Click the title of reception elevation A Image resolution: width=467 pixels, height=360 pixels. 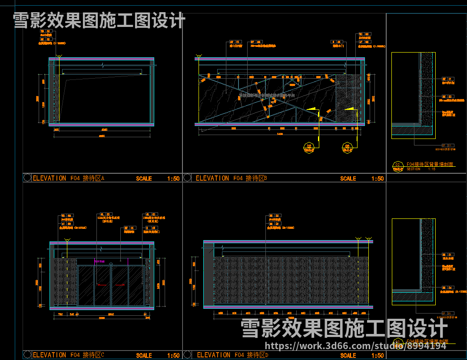pos(69,178)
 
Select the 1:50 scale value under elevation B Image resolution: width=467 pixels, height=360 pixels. pos(378,178)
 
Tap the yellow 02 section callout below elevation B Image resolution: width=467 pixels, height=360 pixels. pos(309,148)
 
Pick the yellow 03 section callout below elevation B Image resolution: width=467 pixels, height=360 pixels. pos(347,148)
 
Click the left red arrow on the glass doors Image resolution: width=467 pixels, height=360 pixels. pos(102,285)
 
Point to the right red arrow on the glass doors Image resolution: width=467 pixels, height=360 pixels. pos(120,285)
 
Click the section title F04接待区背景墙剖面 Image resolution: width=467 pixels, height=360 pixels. pos(430,165)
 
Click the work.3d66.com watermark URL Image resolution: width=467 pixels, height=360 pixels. pos(355,346)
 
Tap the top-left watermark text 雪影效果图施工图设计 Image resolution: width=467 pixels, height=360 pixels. pos(99,20)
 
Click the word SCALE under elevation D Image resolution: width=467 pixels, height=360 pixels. pos(348,355)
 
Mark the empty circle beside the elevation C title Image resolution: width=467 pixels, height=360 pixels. pos(27,355)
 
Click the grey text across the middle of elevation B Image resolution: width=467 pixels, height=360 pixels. pos(267,94)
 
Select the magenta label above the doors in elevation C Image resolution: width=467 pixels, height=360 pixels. pos(100,261)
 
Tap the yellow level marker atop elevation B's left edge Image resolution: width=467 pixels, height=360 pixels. pos(199,56)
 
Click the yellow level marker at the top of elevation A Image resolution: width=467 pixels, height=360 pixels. pos(60,56)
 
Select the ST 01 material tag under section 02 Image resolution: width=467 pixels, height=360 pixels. pos(447,145)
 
